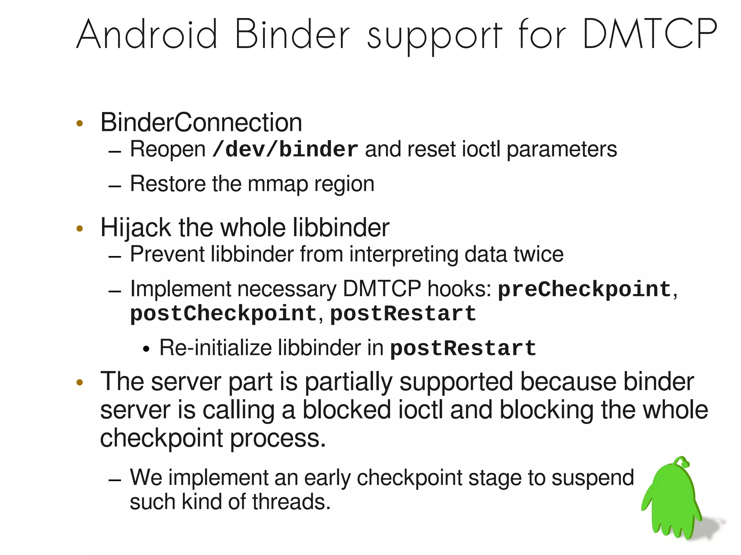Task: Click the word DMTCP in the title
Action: pos(649,34)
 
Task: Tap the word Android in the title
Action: pos(147,34)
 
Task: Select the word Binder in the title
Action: pos(292,34)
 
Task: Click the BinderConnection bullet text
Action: pos(201,123)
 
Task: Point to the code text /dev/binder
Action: pos(285,149)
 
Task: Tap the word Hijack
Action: pos(136,228)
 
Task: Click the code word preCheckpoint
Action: pos(584,289)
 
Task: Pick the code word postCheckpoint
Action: pos(223,313)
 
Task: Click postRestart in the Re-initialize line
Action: pos(463,348)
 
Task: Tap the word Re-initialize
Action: pos(216,348)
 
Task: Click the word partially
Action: pos(348,382)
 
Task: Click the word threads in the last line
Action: pos(291,502)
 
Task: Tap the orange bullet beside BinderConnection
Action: pos(80,123)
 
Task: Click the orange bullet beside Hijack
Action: pos(80,229)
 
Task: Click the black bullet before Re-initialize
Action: pos(146,349)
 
